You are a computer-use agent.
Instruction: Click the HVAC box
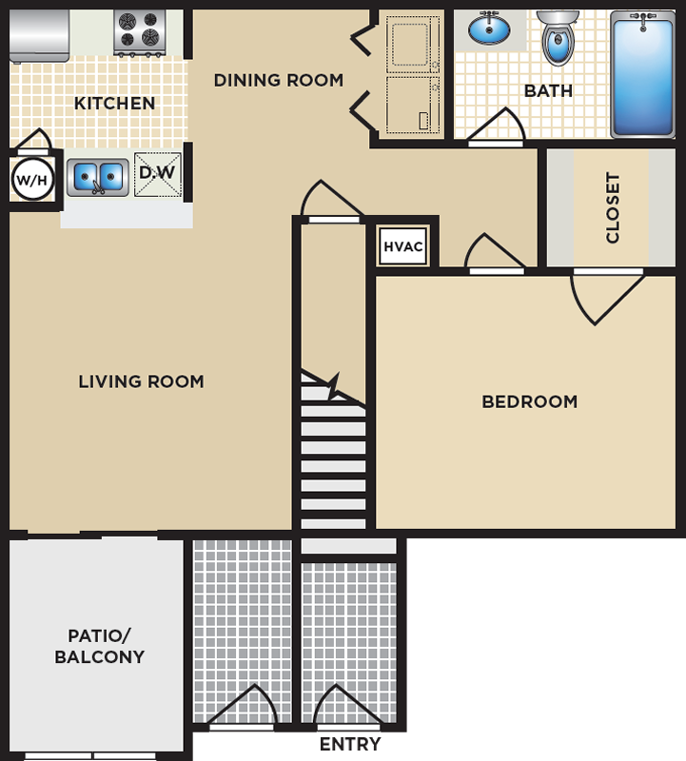(403, 246)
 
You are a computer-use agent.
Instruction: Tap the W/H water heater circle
(32, 180)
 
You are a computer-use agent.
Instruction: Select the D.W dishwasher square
(157, 174)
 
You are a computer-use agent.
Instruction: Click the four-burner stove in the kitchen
(140, 32)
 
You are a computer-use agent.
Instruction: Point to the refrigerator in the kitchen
(39, 36)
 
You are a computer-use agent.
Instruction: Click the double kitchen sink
(98, 178)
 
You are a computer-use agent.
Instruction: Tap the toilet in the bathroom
(558, 38)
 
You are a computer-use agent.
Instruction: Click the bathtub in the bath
(643, 74)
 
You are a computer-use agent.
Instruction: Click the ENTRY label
(350, 744)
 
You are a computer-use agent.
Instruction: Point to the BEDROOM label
(530, 401)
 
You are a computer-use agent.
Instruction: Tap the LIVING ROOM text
(141, 381)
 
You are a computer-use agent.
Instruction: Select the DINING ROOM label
(279, 80)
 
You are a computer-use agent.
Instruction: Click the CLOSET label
(613, 207)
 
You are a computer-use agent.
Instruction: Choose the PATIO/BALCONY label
(100, 646)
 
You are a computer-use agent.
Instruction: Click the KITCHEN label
(114, 103)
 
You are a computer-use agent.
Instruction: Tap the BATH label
(548, 90)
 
